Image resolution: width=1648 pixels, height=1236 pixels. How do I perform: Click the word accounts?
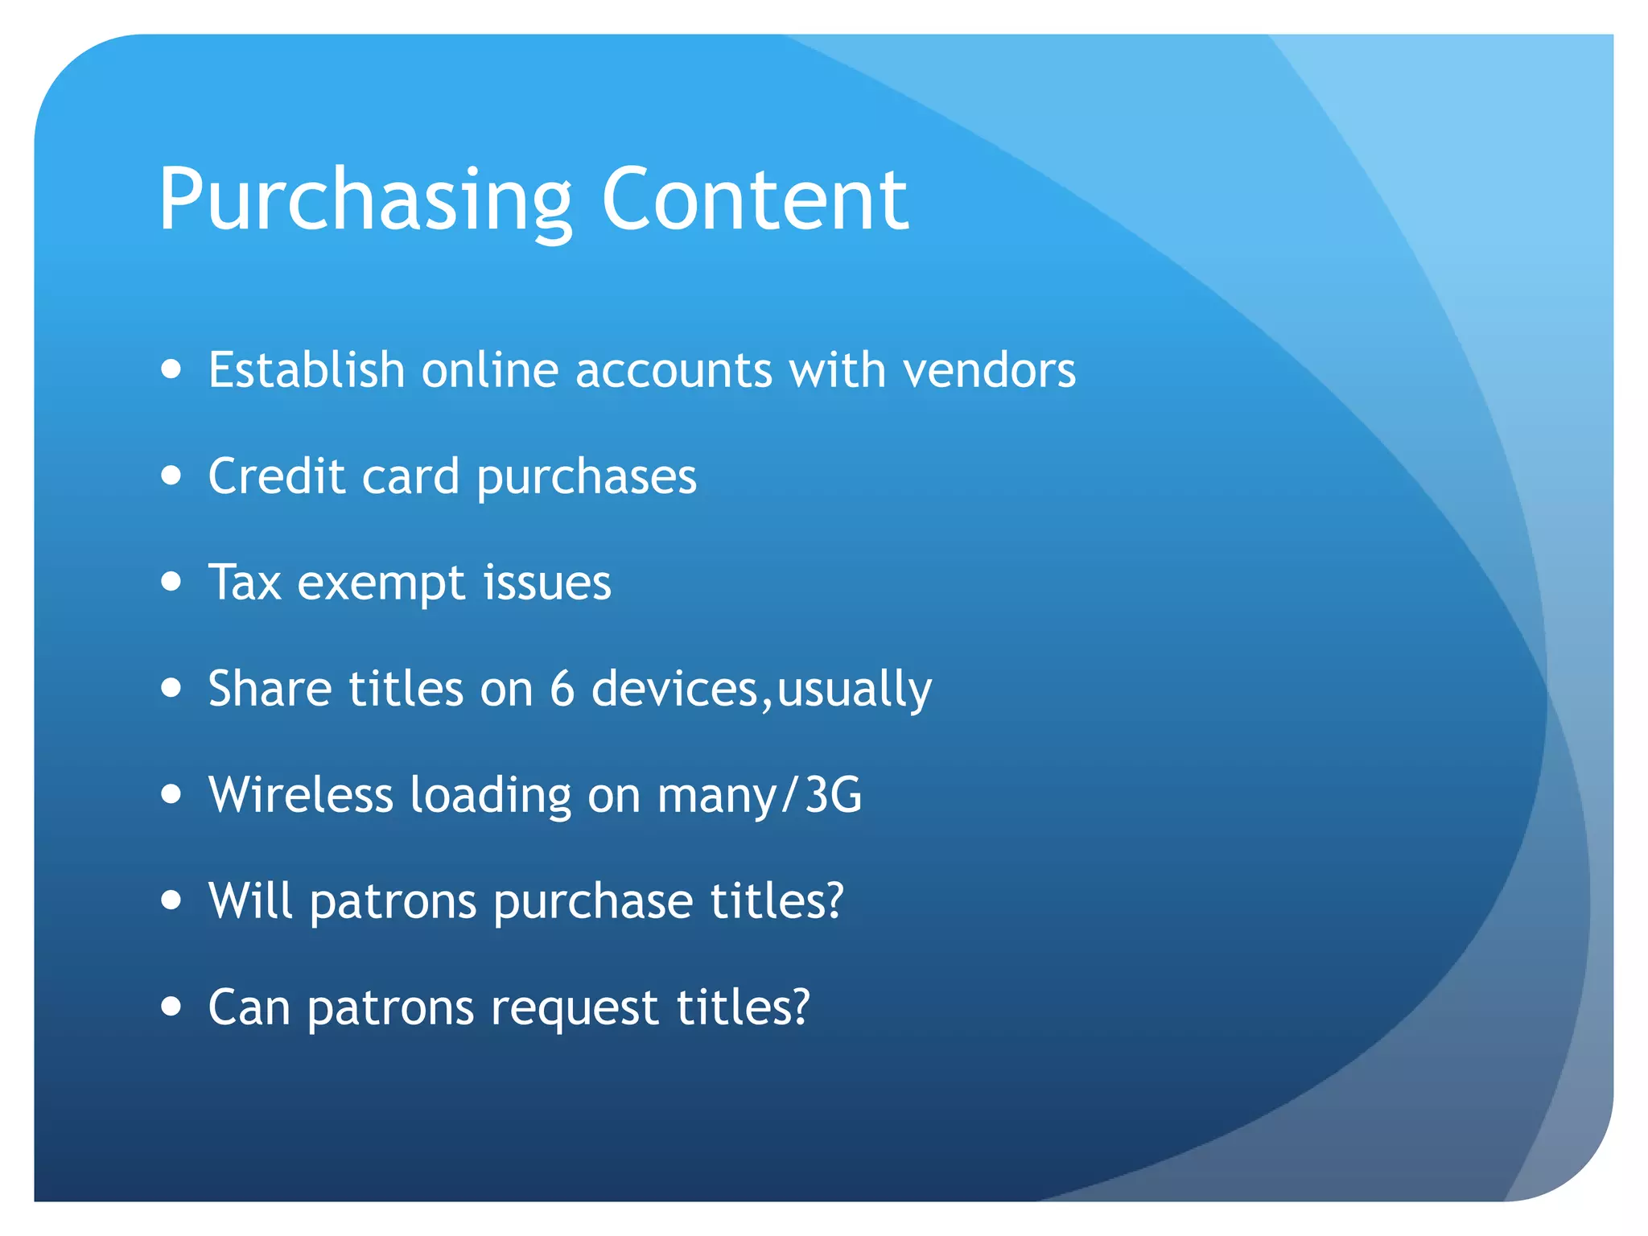(x=673, y=372)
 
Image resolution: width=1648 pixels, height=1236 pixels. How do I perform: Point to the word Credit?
(x=276, y=476)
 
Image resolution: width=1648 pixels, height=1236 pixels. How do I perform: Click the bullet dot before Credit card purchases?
(x=171, y=476)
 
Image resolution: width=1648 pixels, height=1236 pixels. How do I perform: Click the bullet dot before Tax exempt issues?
(x=171, y=581)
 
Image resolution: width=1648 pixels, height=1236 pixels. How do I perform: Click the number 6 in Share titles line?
(x=562, y=689)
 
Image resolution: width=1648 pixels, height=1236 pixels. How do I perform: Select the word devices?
(x=674, y=689)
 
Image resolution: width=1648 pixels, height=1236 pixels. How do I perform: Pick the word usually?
(x=854, y=690)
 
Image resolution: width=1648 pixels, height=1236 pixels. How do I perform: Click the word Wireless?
(x=300, y=795)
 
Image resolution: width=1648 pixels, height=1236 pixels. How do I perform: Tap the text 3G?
(x=833, y=795)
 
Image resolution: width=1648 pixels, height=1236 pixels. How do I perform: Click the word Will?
(x=249, y=900)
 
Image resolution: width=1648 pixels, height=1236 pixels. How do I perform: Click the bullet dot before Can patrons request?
(x=171, y=1006)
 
